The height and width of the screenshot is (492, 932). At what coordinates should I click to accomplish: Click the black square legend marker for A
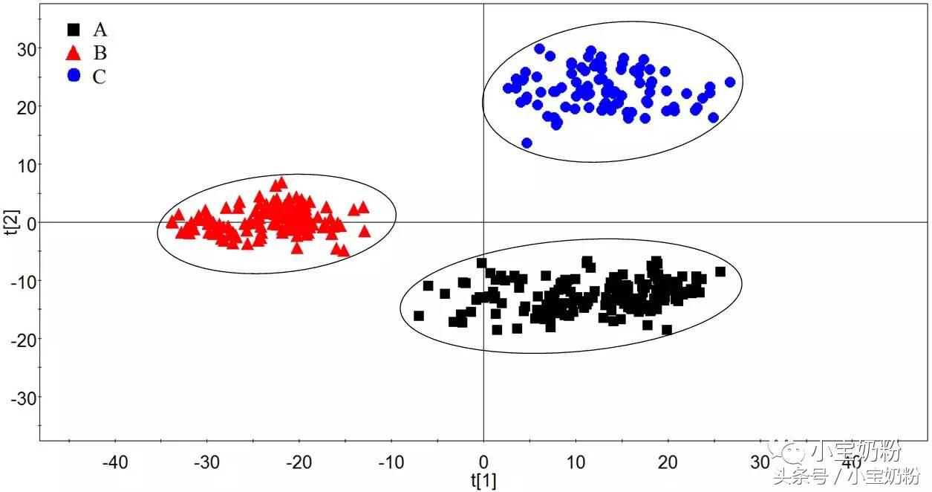[74, 30]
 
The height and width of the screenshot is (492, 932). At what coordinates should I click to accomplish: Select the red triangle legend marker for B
[74, 53]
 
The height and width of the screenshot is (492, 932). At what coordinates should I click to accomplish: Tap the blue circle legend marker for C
[74, 76]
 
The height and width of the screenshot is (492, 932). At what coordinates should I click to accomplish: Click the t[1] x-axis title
[483, 480]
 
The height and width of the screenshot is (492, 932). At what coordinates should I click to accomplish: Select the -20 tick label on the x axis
[299, 462]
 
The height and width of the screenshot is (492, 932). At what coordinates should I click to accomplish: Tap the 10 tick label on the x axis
[576, 462]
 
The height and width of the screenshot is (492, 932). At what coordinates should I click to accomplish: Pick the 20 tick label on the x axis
[668, 462]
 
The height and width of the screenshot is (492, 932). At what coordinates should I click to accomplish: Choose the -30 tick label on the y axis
[24, 398]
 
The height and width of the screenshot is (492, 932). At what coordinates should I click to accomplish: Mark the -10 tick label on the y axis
[24, 281]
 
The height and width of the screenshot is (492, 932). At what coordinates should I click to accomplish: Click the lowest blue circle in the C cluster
[527, 143]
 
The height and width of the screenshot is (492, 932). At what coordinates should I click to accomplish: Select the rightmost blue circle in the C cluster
[730, 82]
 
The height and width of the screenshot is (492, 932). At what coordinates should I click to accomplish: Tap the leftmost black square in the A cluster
[419, 316]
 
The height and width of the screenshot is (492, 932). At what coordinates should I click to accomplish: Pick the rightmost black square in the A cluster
[720, 271]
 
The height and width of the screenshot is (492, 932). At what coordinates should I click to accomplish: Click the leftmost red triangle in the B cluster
[172, 221]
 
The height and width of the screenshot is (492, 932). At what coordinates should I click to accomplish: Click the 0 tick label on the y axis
[30, 222]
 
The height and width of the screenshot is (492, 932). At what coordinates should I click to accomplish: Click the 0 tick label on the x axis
[483, 462]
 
